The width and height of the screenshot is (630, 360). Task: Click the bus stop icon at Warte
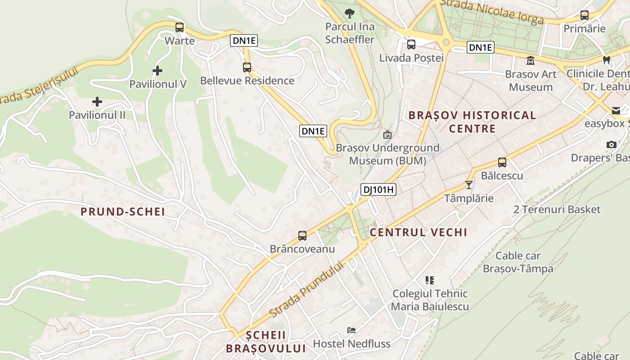(180, 27)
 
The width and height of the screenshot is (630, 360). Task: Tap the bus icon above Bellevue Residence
(247, 67)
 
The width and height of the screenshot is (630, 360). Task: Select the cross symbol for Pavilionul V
(157, 71)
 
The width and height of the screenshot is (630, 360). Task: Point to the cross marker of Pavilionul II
(97, 102)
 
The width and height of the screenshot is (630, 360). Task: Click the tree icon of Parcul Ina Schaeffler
(349, 13)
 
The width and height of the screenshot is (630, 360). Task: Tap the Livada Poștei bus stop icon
(411, 45)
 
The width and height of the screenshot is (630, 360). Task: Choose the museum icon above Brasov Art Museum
(531, 60)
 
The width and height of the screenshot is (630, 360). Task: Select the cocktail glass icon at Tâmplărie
(469, 185)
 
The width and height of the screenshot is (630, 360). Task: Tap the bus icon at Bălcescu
(502, 162)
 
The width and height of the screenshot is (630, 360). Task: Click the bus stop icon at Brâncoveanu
(302, 235)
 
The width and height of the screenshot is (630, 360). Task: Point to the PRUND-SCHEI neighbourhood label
(123, 212)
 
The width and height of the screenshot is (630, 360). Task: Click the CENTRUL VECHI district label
(418, 233)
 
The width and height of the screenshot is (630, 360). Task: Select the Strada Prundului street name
(306, 289)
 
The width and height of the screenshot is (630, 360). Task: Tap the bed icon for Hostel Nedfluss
(351, 330)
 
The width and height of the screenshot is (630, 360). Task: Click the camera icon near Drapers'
(611, 144)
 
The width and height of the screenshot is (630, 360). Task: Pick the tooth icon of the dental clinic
(606, 59)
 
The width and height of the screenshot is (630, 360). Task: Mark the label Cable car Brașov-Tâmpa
(518, 262)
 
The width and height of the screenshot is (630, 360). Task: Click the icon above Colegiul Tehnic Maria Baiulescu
(430, 280)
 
